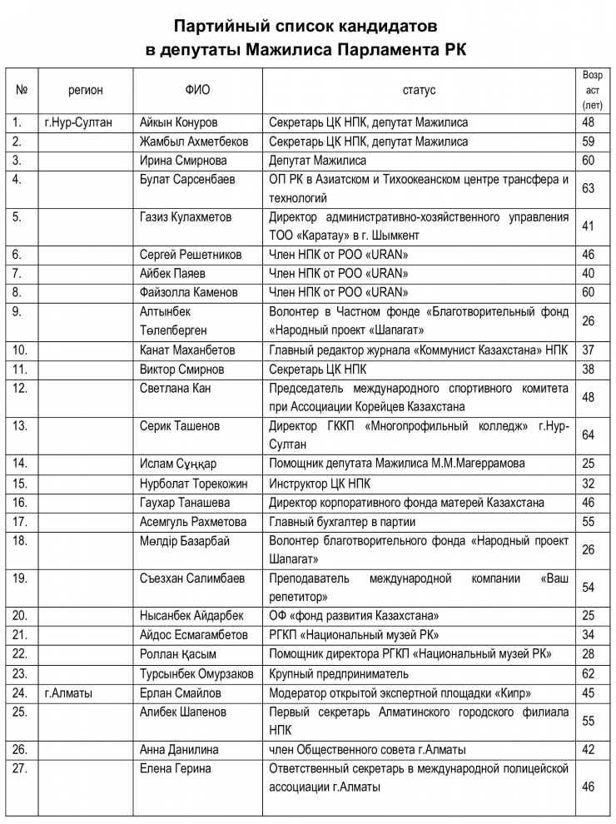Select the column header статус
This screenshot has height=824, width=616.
(419, 91)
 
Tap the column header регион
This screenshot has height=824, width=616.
(86, 91)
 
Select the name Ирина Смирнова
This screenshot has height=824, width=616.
(183, 161)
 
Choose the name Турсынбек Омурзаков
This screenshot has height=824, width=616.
(196, 673)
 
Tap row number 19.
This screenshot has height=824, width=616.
(20, 578)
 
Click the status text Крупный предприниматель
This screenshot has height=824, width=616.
(339, 673)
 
